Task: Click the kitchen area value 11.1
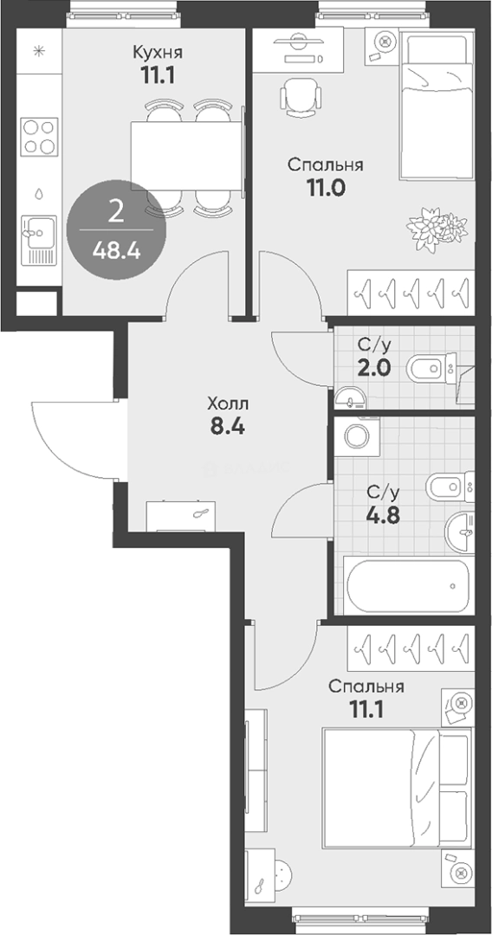point(157,75)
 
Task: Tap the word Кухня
point(157,52)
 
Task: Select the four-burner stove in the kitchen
point(39,137)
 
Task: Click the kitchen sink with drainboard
point(39,240)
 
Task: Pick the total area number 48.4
point(116,251)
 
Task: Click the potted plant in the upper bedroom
point(437,226)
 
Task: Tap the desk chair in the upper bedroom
point(301,96)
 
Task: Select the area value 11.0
point(326,188)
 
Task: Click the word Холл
point(229,404)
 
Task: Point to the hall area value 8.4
point(227,428)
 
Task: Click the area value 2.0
point(374,368)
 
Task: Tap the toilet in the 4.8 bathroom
point(450,487)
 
